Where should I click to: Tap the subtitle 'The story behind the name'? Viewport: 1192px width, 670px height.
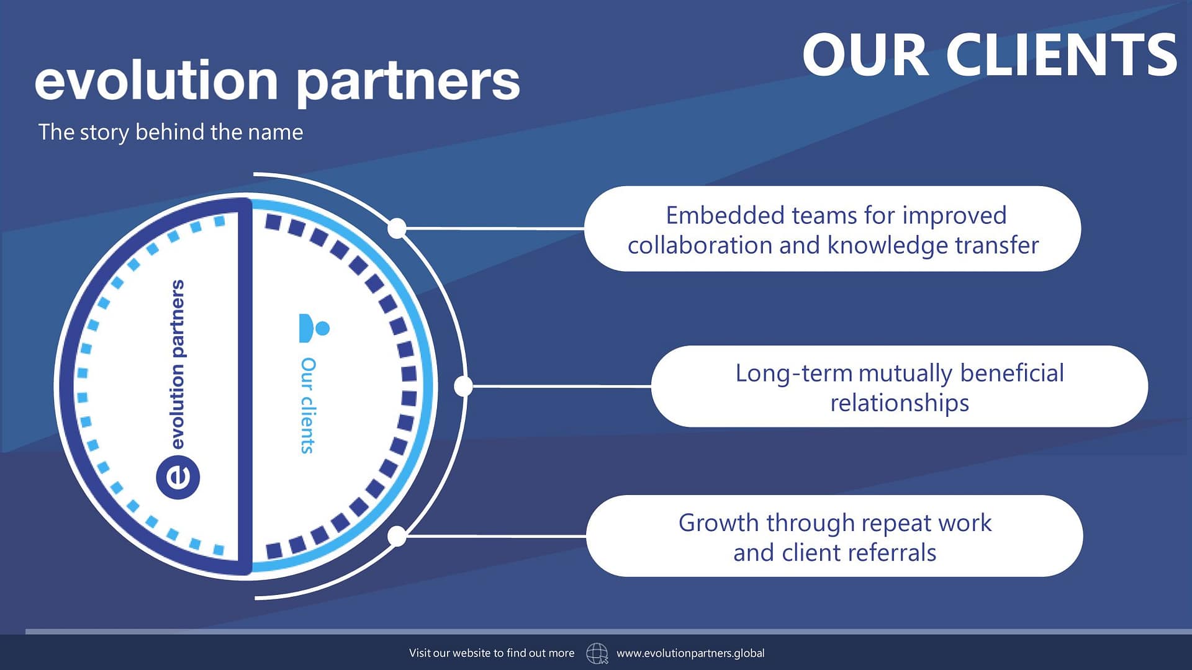[x=171, y=132]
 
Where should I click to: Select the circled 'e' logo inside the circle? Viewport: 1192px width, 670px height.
[x=178, y=477]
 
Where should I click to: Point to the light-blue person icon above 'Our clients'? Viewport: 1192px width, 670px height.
[x=314, y=328]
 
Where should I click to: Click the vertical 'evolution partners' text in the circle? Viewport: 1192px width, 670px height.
[x=178, y=364]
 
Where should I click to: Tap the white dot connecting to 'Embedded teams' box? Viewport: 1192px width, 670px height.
[x=397, y=228]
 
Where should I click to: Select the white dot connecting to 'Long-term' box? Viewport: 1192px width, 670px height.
[x=463, y=386]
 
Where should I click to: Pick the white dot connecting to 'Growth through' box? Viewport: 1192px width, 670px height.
[x=397, y=536]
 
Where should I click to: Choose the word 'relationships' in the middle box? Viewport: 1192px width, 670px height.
[x=900, y=403]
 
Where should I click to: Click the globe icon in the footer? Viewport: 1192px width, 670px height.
[x=597, y=653]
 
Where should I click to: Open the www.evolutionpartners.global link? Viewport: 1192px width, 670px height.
[x=690, y=653]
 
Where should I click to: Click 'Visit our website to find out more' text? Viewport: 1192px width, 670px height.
[x=492, y=653]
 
